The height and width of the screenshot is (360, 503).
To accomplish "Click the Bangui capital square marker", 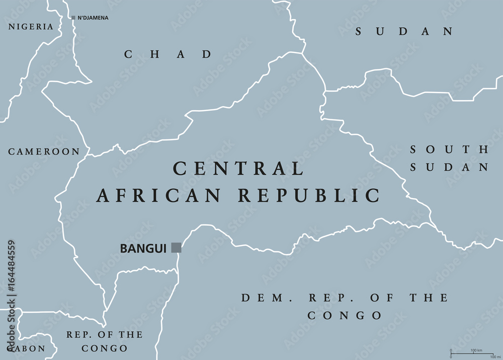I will [x=176, y=247].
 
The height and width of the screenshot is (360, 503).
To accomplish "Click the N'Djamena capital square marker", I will [x=73, y=18].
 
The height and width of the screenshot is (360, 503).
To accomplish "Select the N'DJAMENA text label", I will [x=93, y=18].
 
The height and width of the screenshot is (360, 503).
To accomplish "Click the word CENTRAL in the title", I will [x=238, y=168].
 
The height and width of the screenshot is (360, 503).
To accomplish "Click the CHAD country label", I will [x=169, y=54].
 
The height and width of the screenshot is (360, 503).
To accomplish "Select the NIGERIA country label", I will [x=30, y=27].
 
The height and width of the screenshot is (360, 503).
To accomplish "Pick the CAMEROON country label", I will [x=44, y=152].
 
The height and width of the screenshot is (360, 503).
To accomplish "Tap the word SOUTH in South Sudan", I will [x=449, y=150].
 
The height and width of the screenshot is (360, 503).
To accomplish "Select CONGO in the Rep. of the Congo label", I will [x=105, y=348].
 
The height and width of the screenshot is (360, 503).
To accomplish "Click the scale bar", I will [x=472, y=353].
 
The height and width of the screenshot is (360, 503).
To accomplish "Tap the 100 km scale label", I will [x=476, y=350].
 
